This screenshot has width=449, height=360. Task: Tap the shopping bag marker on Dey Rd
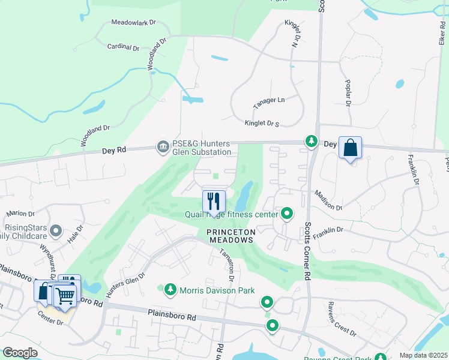click(350, 148)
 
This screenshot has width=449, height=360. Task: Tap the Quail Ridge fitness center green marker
click(288, 214)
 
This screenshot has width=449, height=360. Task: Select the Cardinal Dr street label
click(122, 47)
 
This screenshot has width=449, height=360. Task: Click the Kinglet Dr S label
click(262, 123)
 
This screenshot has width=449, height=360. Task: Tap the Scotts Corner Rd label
click(307, 252)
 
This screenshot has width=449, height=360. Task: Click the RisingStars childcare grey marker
click(56, 230)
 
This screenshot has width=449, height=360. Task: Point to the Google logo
click(20, 353)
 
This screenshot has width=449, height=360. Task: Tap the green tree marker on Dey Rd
click(311, 142)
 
